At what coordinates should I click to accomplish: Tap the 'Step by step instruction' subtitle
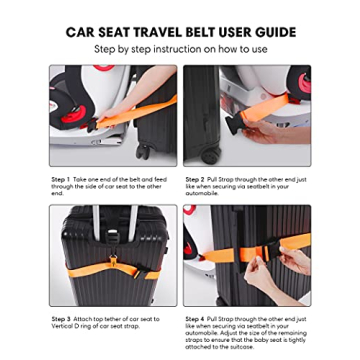(x=181, y=49)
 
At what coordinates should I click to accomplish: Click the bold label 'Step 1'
(x=60, y=180)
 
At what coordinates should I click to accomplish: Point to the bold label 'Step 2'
(x=195, y=180)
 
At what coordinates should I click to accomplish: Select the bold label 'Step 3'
(x=60, y=319)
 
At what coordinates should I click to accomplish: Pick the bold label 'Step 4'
(x=195, y=319)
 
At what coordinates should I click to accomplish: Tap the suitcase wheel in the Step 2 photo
(x=209, y=157)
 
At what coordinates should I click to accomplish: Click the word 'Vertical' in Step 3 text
(x=63, y=325)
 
